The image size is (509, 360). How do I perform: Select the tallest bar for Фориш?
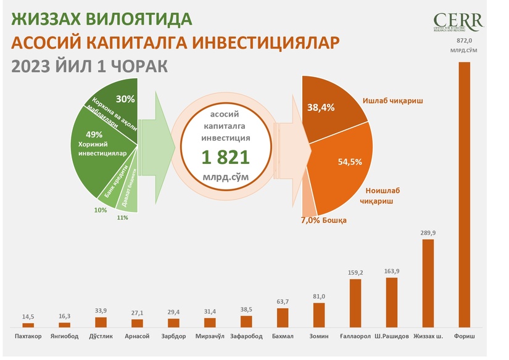(464, 194)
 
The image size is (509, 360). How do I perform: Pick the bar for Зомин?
(318, 314)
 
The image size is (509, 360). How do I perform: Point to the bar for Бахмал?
(282, 317)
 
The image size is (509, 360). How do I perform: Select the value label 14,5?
(28, 317)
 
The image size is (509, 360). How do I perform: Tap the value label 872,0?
(464, 41)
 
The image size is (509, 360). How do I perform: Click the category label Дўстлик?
(101, 336)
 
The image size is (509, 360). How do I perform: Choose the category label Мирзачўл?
(210, 336)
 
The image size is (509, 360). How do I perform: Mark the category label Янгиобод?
(64, 336)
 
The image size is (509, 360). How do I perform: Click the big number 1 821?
(225, 157)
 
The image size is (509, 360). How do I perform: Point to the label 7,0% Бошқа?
(324, 221)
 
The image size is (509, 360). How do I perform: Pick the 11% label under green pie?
(122, 218)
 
